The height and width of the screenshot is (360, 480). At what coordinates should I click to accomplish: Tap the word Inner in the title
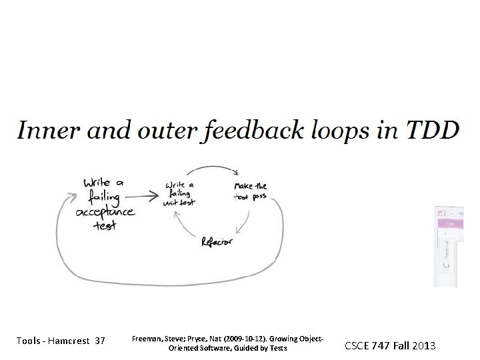(x=43, y=129)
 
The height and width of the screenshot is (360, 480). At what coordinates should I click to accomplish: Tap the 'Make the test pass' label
(x=250, y=191)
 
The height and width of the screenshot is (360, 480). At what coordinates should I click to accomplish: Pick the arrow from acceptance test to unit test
(x=142, y=196)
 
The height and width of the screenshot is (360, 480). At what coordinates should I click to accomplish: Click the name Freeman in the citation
(x=147, y=339)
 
